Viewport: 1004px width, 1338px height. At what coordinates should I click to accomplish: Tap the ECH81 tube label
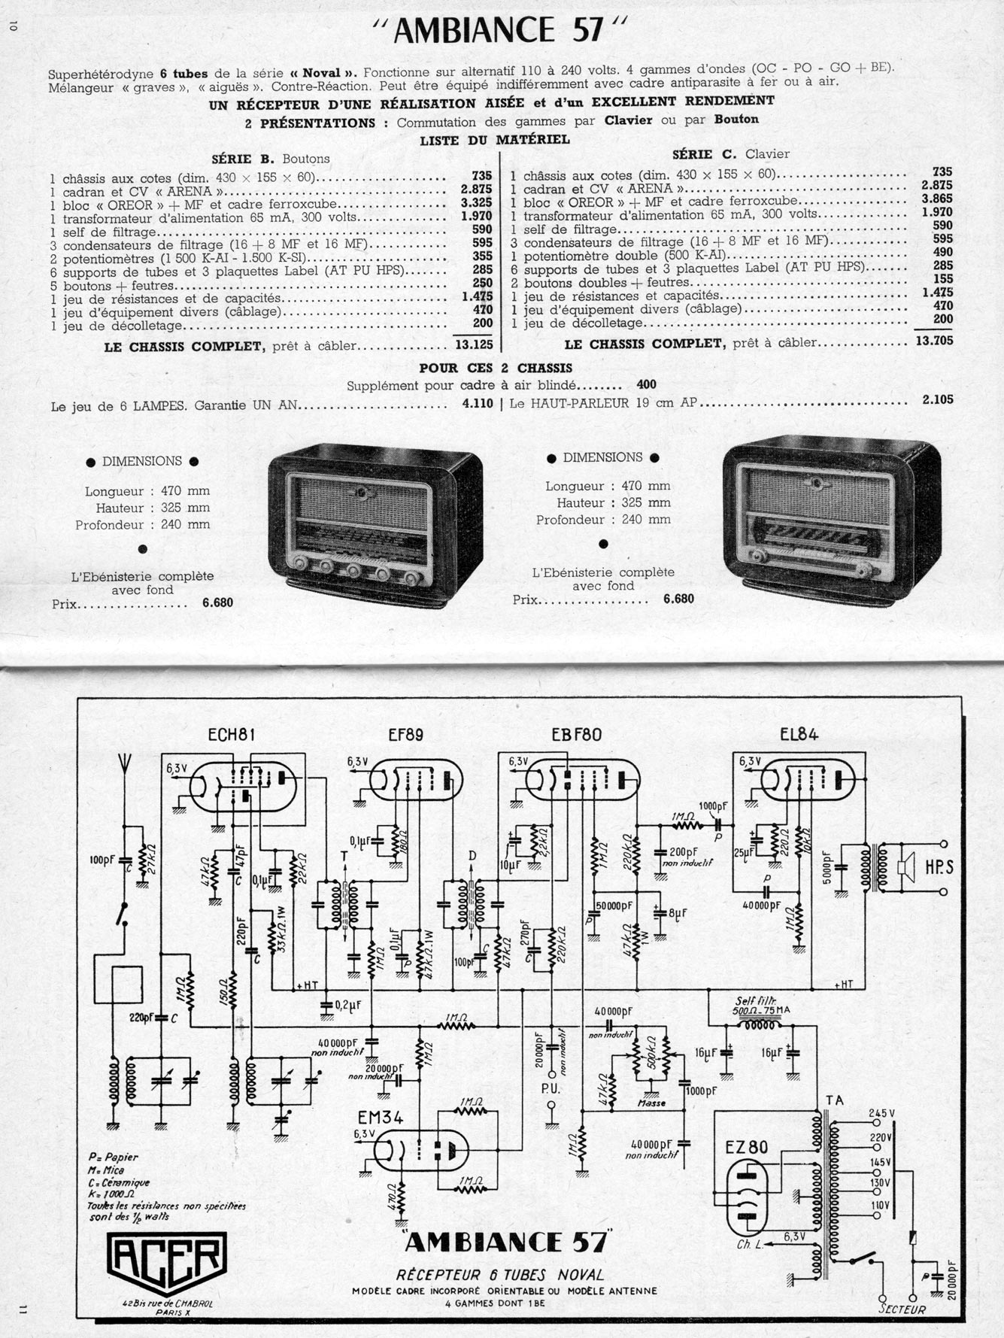232,735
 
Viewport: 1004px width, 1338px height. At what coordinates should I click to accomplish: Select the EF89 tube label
405,735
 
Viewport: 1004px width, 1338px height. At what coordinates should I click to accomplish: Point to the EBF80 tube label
577,735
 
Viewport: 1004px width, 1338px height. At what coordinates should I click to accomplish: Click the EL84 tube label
799,734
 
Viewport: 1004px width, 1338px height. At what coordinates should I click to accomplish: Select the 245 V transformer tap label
881,1114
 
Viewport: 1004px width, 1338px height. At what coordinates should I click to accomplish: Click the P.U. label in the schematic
551,1088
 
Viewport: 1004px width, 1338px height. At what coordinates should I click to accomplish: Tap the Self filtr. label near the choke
754,1001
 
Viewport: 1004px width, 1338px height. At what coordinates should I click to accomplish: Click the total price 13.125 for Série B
474,345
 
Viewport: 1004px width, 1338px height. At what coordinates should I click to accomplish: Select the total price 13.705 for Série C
934,341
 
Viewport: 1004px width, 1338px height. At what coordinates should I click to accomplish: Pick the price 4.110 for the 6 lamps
477,403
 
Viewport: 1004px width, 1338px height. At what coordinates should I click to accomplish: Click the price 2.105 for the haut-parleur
937,399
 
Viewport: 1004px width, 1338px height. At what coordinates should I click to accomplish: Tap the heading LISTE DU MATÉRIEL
494,139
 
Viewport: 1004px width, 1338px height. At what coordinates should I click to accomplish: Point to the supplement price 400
646,384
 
